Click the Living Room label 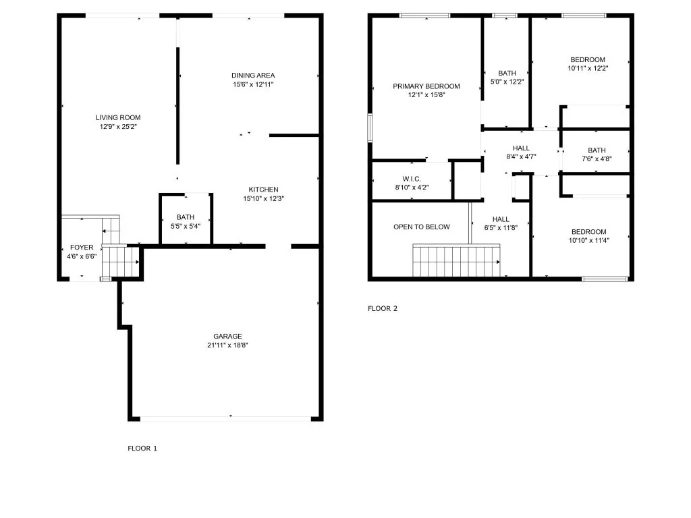click(x=118, y=117)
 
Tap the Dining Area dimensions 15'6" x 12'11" click(x=253, y=84)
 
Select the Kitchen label click(x=264, y=190)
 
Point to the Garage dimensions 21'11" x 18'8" click(x=227, y=345)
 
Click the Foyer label click(x=82, y=248)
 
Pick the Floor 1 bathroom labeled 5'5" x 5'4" click(x=186, y=221)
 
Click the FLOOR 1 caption click(x=142, y=449)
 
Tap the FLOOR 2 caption click(x=383, y=308)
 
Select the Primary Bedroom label click(x=426, y=86)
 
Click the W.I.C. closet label click(x=412, y=179)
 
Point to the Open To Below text click(x=422, y=227)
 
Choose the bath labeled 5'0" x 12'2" click(x=507, y=78)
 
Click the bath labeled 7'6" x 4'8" click(x=597, y=154)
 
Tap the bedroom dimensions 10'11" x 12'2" click(x=588, y=68)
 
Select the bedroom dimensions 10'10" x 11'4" click(x=588, y=241)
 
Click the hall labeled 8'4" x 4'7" click(x=522, y=152)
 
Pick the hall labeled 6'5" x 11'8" click(x=501, y=223)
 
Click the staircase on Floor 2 click(x=456, y=261)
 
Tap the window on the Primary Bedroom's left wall click(x=370, y=127)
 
